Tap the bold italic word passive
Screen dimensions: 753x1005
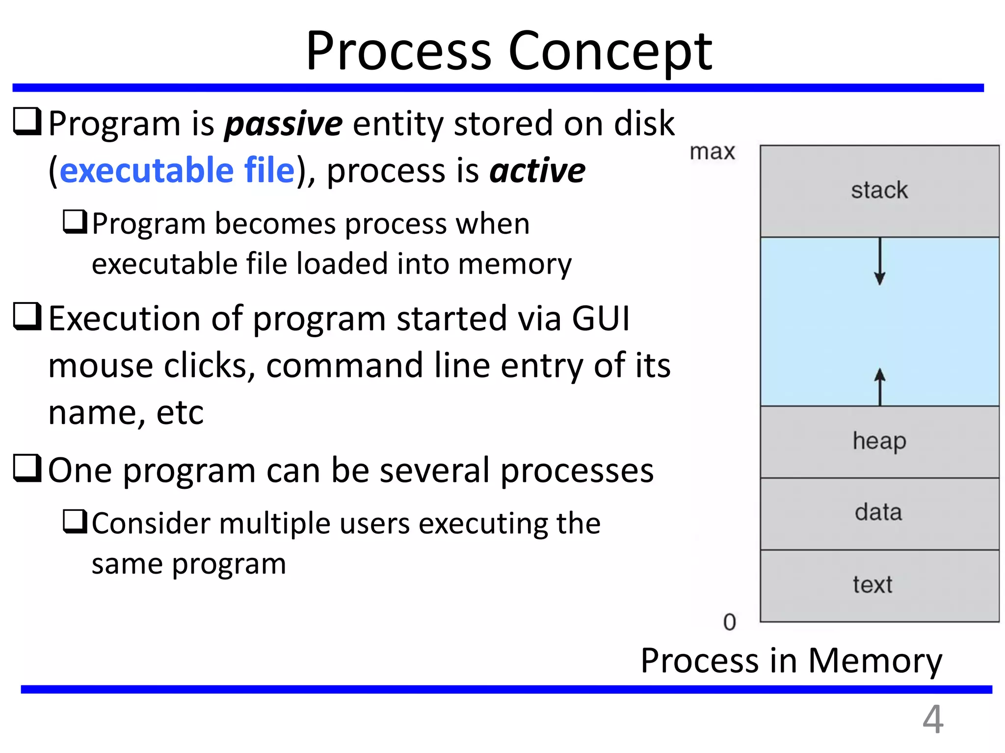point(283,124)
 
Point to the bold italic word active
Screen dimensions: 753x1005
point(537,171)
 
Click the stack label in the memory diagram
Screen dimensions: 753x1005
point(879,190)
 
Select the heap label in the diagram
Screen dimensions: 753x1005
point(879,441)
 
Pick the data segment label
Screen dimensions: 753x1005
point(878,512)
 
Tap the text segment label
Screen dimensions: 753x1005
point(873,584)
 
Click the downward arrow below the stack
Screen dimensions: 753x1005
point(879,262)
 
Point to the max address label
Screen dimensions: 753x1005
point(712,151)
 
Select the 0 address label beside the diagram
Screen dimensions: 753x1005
point(730,622)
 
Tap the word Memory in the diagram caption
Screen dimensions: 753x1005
point(874,661)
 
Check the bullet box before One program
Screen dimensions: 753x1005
point(26,468)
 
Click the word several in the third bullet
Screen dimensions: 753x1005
point(435,471)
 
